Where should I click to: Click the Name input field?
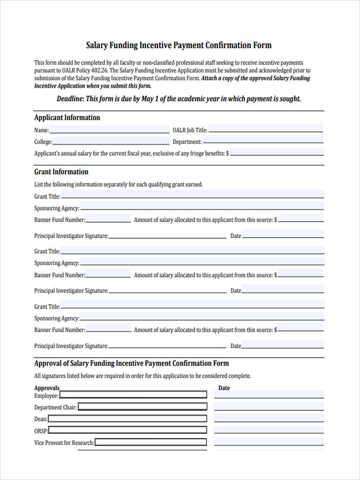(109, 129)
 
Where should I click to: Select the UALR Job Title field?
(266, 129)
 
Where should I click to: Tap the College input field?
(111, 141)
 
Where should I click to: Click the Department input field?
(263, 140)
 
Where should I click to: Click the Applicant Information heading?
(67, 118)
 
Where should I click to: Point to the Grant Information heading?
(61, 172)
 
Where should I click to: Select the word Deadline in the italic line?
(70, 99)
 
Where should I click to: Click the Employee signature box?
(133, 395)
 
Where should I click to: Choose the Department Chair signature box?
(142, 407)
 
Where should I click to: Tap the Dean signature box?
(127, 419)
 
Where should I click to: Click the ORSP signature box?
(128, 430)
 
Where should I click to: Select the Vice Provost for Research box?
(150, 442)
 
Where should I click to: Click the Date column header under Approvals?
(224, 388)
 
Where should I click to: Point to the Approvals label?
(46, 388)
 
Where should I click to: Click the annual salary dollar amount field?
(277, 152)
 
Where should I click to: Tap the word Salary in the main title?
(97, 45)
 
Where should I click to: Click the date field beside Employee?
(269, 394)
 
